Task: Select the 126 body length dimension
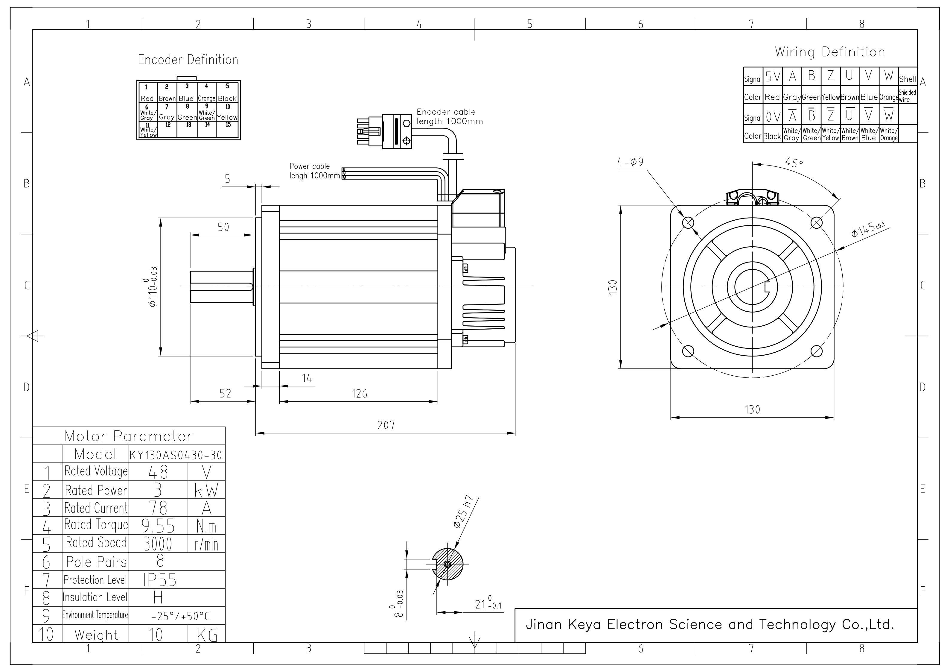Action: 359,394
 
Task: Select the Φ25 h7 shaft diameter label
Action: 465,512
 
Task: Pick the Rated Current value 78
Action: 158,508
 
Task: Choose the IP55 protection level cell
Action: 160,580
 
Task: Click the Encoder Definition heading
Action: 188,60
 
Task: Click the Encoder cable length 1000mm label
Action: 449,117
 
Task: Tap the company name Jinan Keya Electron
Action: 710,624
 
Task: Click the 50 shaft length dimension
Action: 223,227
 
